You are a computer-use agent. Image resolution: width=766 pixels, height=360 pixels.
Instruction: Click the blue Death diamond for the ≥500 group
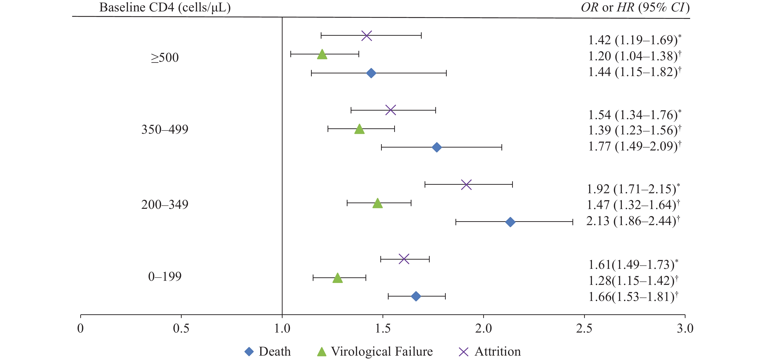371,73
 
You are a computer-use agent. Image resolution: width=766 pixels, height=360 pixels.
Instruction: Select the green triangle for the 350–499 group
359,129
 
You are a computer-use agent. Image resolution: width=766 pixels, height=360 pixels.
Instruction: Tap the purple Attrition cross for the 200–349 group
466,184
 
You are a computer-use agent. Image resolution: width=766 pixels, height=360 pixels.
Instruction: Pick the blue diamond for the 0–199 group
416,296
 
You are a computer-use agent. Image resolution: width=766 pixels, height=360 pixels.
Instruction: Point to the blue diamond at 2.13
510,222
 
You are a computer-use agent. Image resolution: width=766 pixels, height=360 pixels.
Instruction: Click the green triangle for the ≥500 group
322,55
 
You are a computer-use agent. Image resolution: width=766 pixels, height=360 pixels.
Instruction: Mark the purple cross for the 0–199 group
404,259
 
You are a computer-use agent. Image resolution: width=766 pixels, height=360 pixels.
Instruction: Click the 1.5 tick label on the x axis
383,328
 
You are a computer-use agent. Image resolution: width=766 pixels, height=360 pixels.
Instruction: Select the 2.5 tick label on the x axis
584,328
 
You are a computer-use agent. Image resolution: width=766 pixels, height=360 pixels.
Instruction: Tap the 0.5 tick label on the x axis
181,328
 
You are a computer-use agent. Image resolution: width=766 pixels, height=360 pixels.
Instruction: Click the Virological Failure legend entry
375,352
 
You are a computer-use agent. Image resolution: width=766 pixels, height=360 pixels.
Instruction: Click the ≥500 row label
165,57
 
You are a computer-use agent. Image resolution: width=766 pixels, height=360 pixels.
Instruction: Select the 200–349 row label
165,204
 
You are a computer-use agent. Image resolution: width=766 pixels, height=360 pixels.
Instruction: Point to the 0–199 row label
165,276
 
